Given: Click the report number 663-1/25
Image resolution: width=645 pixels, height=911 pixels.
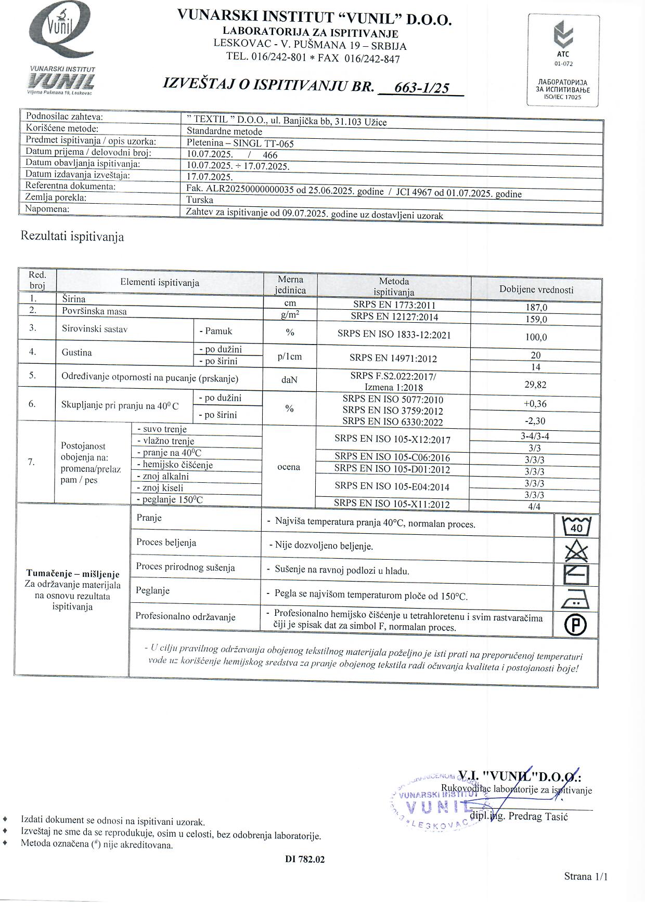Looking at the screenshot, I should [x=421, y=88].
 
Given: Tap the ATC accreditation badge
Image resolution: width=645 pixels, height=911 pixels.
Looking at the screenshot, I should [x=563, y=60].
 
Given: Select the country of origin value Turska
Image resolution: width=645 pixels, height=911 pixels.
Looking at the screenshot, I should [x=200, y=200].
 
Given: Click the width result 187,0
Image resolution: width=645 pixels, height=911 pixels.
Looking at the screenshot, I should [x=536, y=307].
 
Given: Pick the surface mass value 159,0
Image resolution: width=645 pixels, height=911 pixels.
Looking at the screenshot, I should [x=536, y=319].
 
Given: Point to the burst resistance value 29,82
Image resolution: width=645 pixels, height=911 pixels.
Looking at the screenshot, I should [x=536, y=385].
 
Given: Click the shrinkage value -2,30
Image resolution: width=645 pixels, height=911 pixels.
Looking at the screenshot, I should [x=536, y=420].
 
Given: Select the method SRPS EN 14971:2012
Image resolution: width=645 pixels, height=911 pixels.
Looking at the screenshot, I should [x=393, y=358].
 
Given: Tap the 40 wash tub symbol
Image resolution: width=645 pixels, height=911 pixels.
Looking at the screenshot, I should [x=577, y=526].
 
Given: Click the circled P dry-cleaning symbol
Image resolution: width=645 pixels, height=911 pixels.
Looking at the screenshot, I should [x=576, y=625].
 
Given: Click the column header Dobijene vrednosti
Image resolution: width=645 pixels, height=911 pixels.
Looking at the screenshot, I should [x=536, y=290].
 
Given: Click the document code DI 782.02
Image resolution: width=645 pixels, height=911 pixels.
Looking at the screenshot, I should [x=305, y=860].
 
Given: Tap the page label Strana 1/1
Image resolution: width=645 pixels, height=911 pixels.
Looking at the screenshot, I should [x=586, y=877].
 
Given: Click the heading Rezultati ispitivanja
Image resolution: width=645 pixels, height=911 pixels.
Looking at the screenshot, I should [x=72, y=236].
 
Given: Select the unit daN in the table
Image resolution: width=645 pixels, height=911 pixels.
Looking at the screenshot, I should [x=289, y=380].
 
